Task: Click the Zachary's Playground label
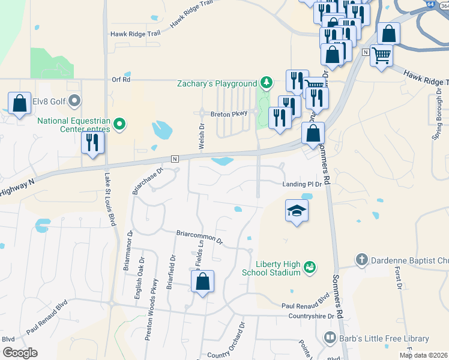click(x=217, y=83)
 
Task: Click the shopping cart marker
click(x=382, y=55)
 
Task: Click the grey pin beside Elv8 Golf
click(x=74, y=100)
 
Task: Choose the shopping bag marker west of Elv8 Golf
click(x=20, y=103)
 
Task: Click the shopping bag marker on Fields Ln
click(x=203, y=281)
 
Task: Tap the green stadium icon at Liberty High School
click(x=310, y=266)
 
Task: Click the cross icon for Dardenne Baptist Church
click(x=361, y=259)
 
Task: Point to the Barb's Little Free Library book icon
click(x=329, y=338)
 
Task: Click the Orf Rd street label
click(x=121, y=79)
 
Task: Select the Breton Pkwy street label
click(x=229, y=113)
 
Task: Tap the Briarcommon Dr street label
click(x=199, y=237)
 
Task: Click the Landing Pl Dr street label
click(x=303, y=184)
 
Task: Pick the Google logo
click(x=20, y=353)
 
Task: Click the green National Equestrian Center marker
click(x=119, y=125)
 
